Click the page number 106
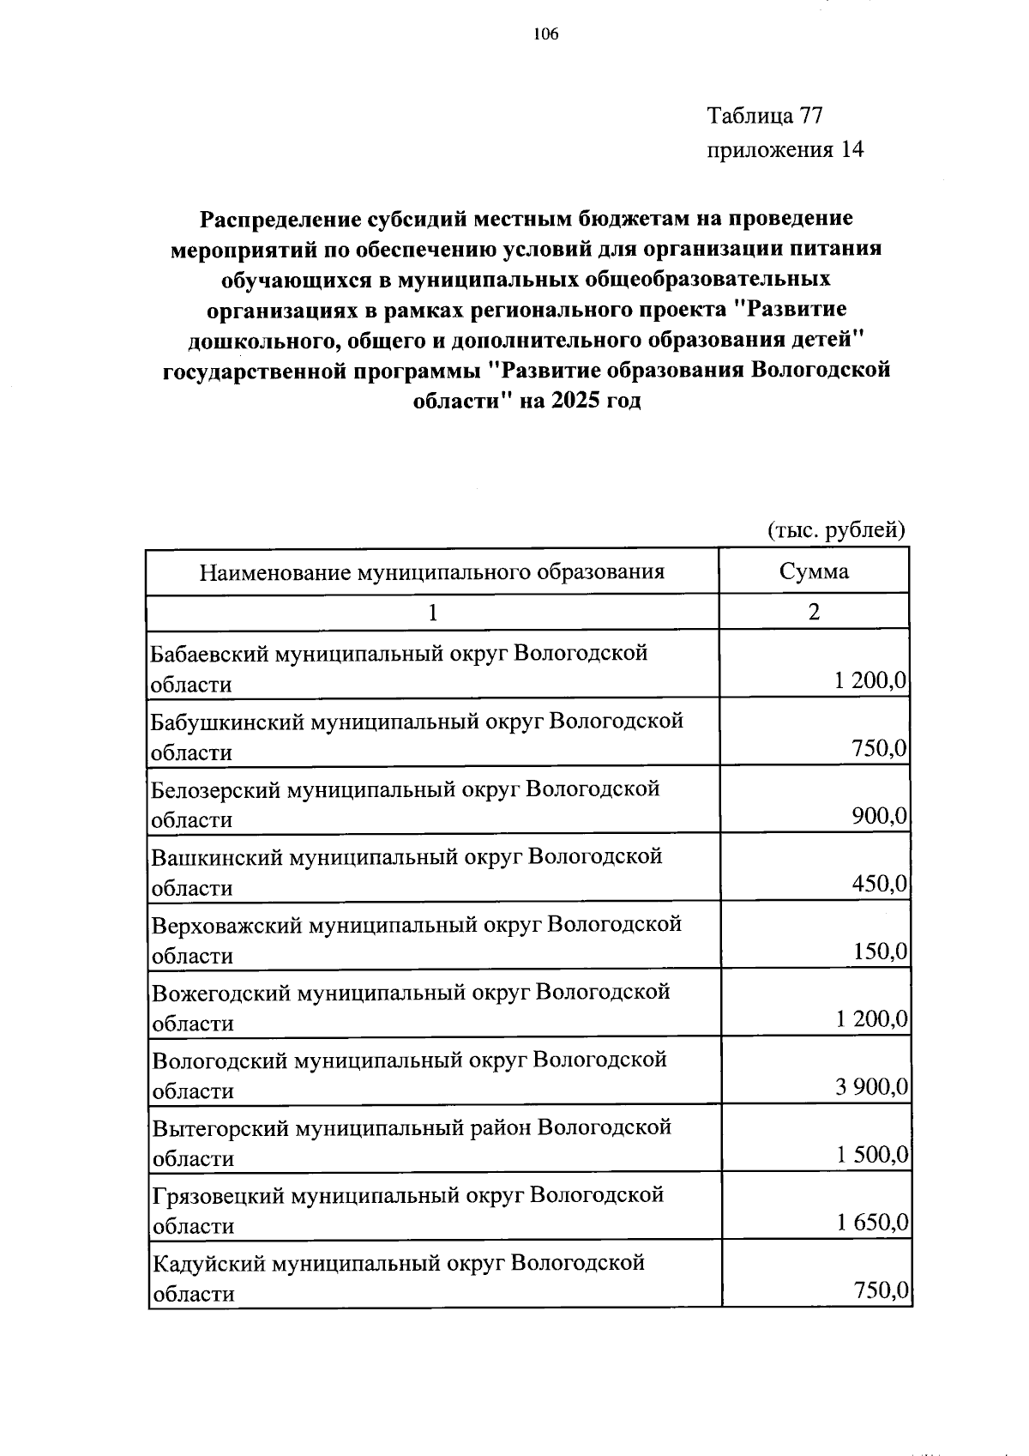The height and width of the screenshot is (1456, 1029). click(x=545, y=35)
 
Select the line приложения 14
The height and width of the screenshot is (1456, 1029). click(x=785, y=150)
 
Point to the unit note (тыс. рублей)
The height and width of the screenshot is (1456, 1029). click(x=835, y=530)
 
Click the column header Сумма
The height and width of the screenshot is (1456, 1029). click(x=814, y=571)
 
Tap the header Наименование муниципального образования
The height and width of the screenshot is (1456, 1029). click(x=432, y=571)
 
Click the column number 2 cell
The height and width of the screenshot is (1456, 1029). click(x=814, y=612)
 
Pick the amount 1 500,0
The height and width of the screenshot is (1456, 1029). click(x=871, y=1155)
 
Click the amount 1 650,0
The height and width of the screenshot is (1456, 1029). click(x=871, y=1223)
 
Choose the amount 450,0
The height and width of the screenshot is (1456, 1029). click(x=880, y=884)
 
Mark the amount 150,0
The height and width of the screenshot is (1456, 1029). click(x=880, y=952)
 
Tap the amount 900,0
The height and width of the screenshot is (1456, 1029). click(x=880, y=816)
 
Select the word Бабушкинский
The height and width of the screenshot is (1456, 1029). click(x=226, y=721)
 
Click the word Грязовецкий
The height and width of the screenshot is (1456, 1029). click(x=219, y=1195)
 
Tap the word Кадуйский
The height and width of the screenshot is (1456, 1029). click(x=202, y=1263)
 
